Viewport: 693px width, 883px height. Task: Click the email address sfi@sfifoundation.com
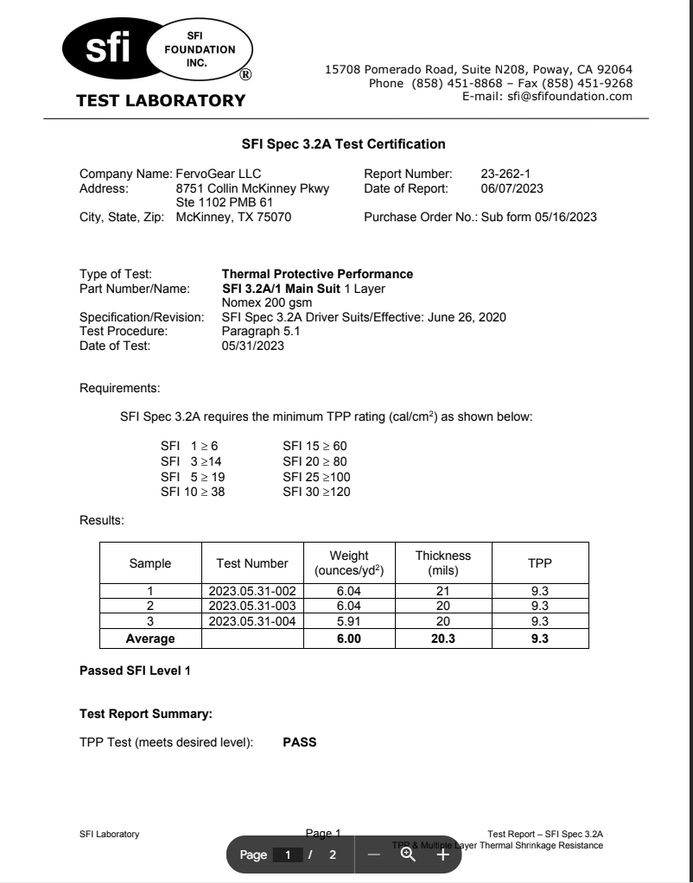pos(548,96)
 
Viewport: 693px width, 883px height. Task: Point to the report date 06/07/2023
pos(512,188)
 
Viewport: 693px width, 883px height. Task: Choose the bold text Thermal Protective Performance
pos(317,274)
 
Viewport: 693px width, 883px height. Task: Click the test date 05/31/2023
pos(253,346)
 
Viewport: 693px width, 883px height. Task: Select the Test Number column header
pos(252,563)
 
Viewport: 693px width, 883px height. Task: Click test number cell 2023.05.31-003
pos(252,606)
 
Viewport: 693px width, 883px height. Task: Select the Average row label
pos(150,639)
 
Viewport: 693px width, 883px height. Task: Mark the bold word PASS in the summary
pos(300,740)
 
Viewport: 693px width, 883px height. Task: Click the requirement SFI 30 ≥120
pos(316,492)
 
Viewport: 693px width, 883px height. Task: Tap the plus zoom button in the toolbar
pos(442,854)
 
